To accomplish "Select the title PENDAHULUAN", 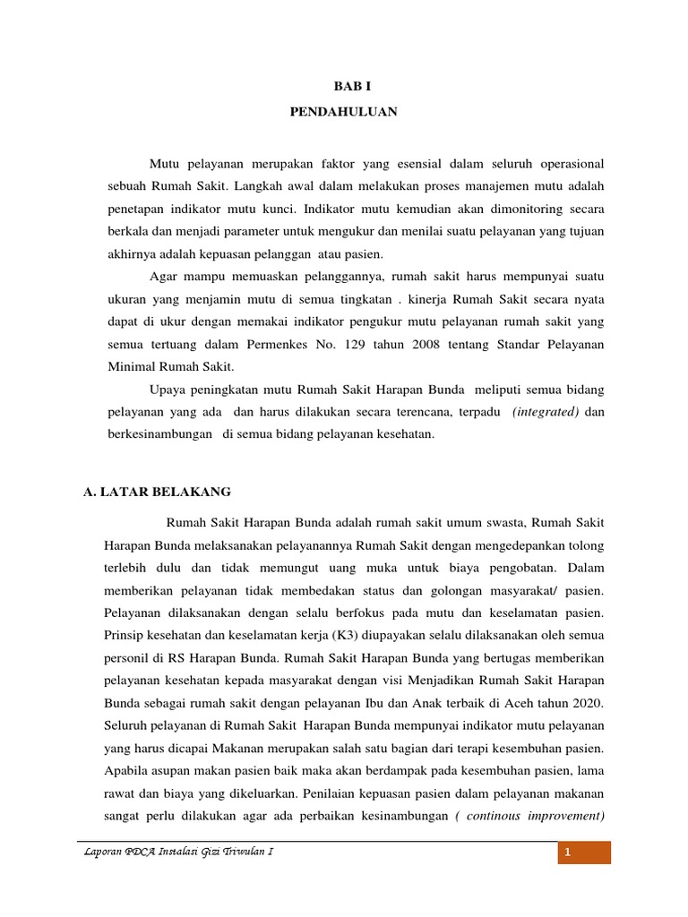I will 344,112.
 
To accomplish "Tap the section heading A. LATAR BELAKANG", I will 157,492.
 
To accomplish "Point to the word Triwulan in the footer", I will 241,853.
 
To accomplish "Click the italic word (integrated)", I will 545,411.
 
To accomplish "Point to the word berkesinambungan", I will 153,433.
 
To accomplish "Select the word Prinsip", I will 125,635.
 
